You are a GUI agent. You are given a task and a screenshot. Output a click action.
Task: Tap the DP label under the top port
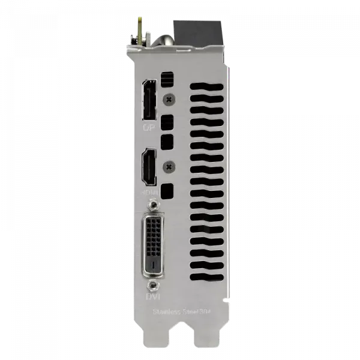click(x=148, y=127)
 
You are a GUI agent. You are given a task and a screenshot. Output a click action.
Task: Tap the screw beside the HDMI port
click(x=170, y=166)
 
